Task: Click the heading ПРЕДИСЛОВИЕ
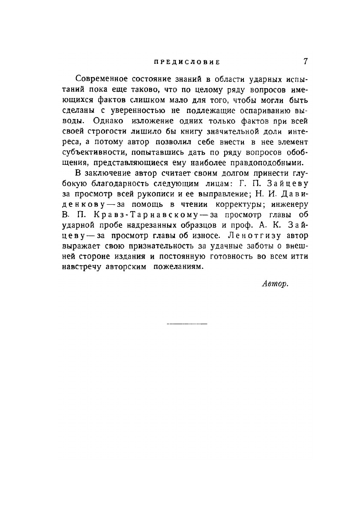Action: point(186,62)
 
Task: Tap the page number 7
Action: point(306,61)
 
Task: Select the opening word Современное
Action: point(101,80)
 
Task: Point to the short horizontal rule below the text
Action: point(186,324)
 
